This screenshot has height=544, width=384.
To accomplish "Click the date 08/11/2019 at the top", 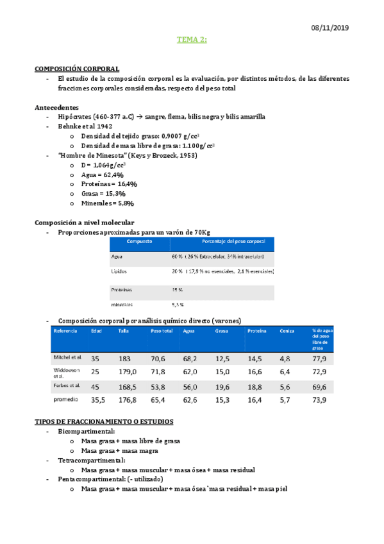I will pyautogui.click(x=330, y=28).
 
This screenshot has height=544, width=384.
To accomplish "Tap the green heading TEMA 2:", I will pyautogui.click(x=192, y=40).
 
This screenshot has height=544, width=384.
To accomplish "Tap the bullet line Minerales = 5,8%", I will pyautogui.click(x=108, y=203).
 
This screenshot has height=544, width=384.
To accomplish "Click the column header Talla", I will pyautogui.click(x=124, y=331).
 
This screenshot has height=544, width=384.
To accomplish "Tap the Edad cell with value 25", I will pyautogui.click(x=95, y=372).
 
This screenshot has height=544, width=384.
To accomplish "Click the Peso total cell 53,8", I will pyautogui.click(x=158, y=387).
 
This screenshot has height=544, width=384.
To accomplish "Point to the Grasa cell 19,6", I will pyautogui.click(x=222, y=387).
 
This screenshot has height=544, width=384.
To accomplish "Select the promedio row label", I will pyautogui.click(x=65, y=400).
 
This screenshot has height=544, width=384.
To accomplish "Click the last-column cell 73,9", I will pyautogui.click(x=319, y=400).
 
